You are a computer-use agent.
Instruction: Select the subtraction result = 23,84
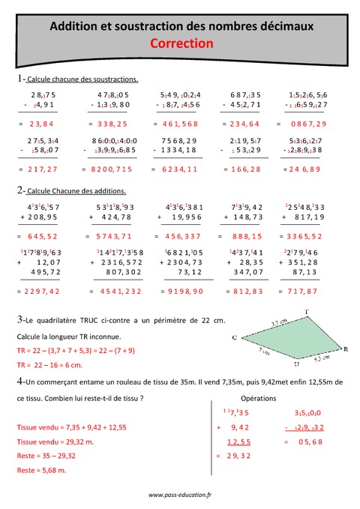point(38,124)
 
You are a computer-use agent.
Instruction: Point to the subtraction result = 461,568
point(179,124)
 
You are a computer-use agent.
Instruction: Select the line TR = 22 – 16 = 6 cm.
point(49,364)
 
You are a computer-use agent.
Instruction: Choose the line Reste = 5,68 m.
point(41,470)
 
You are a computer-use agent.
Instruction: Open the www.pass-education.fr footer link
point(180,495)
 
